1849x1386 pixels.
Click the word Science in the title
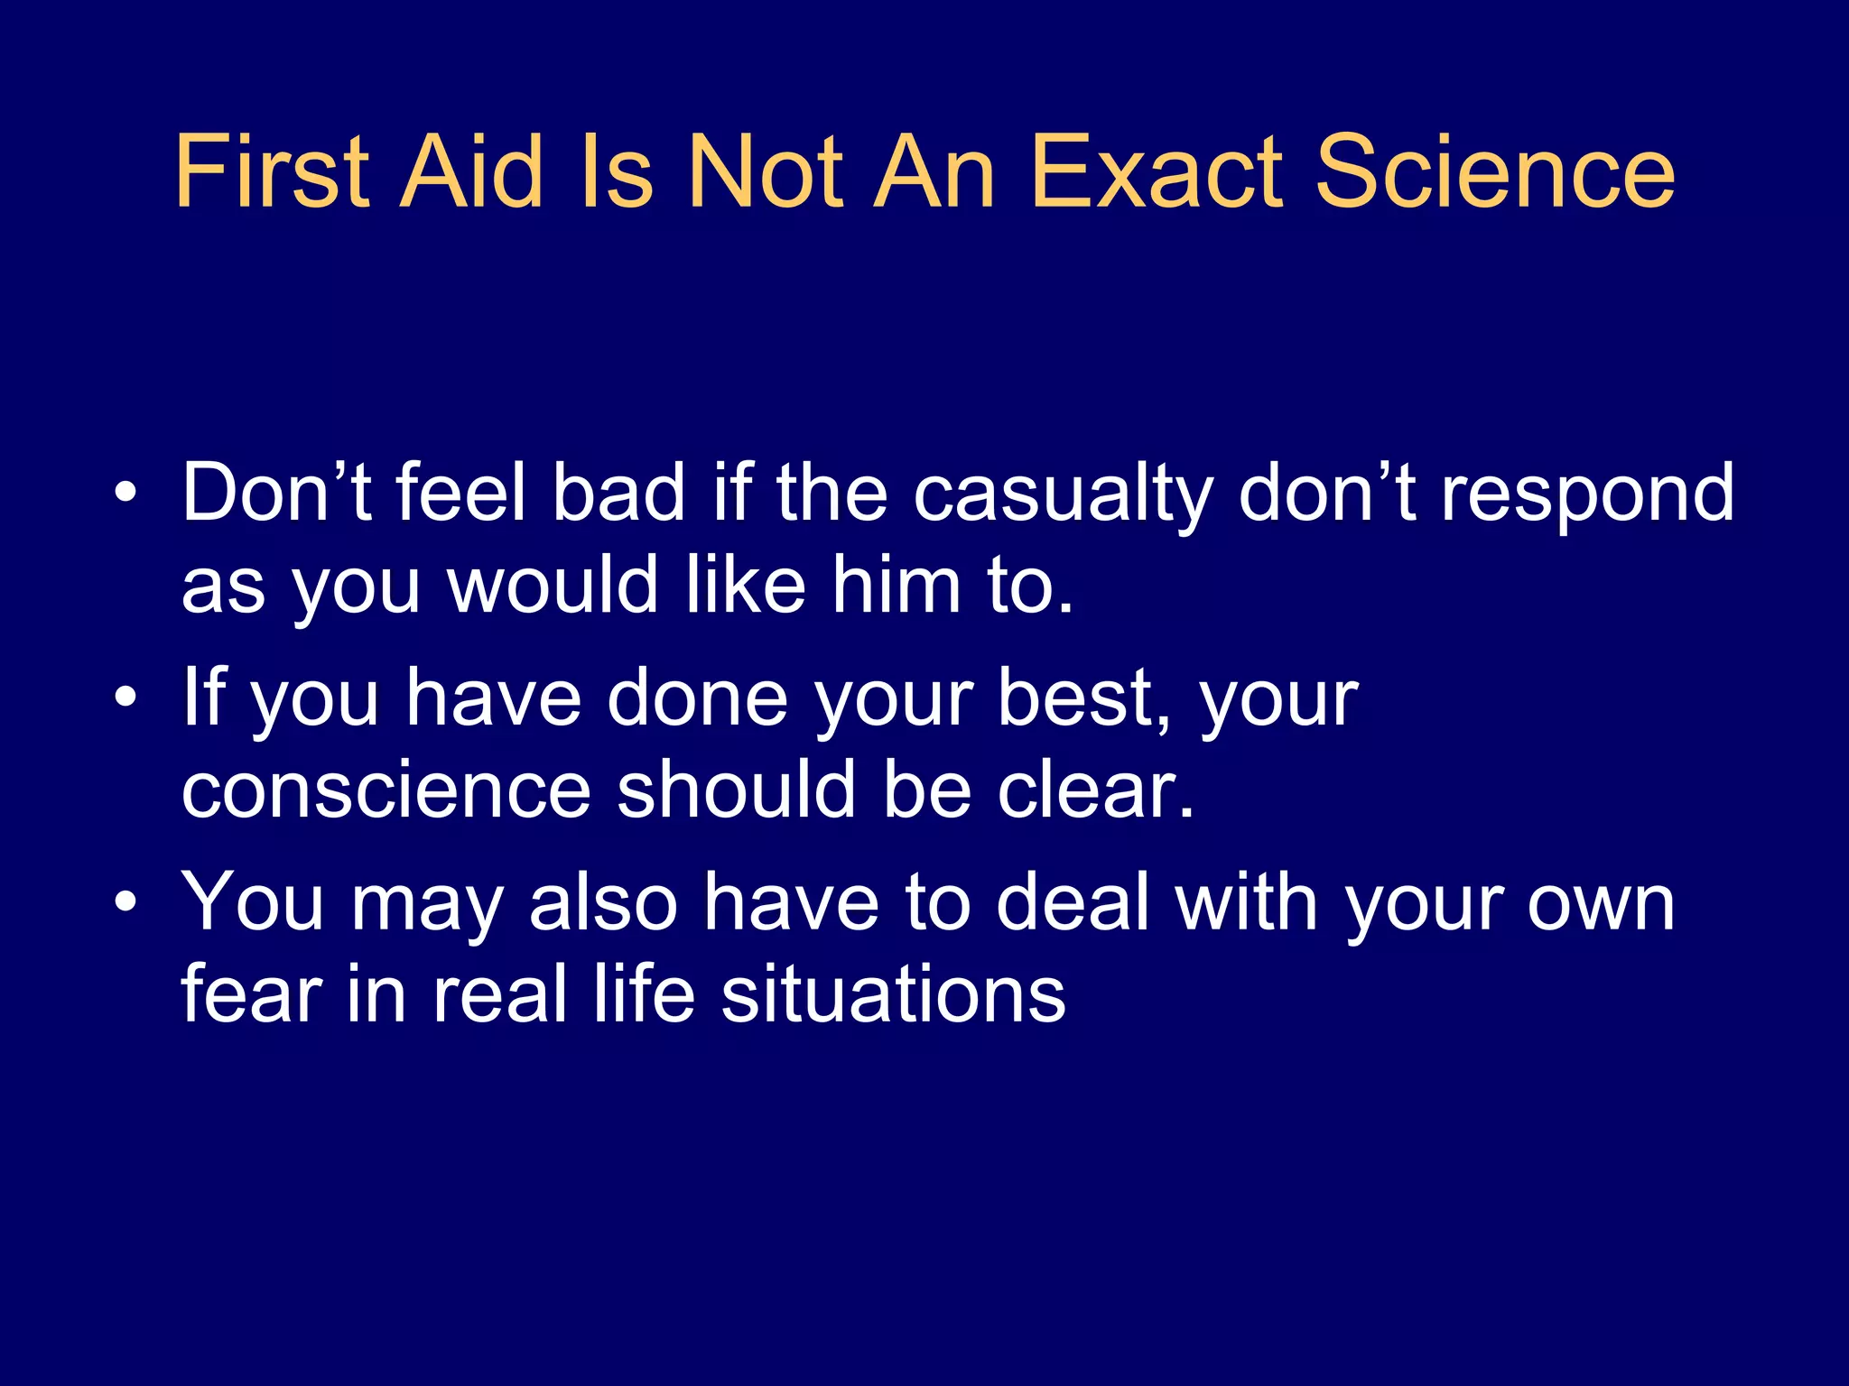1494,171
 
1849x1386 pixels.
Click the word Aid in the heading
471,171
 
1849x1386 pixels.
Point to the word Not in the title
765,171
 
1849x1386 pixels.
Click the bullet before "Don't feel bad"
127,493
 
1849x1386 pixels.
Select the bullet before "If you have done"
127,697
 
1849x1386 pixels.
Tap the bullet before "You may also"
127,901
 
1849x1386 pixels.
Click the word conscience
386,790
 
